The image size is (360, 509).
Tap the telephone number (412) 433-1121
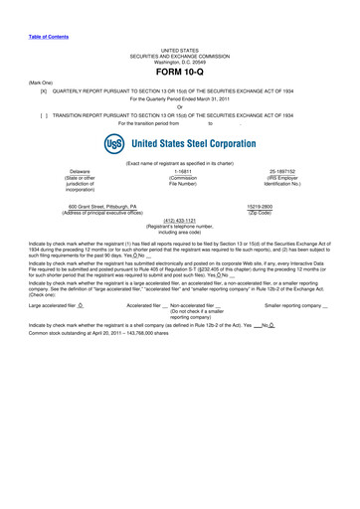[x=179, y=221]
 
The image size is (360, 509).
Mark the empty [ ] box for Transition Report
[x=43, y=114]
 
